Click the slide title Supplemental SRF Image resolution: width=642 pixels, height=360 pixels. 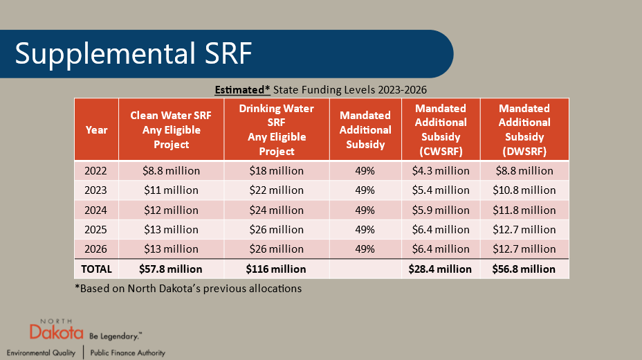(134, 54)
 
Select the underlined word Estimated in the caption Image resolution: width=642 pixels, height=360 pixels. (242, 90)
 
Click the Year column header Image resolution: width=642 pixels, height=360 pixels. (96, 129)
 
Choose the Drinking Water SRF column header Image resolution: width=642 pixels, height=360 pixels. (276, 129)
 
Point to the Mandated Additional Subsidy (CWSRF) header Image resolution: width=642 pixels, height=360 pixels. (441, 129)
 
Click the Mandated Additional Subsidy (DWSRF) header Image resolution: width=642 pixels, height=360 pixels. (524, 129)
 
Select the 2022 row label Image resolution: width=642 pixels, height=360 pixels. (96, 170)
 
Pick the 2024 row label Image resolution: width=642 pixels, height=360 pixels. (96, 210)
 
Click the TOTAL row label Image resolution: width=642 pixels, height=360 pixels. (96, 269)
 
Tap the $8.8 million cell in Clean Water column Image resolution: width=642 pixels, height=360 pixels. (171, 170)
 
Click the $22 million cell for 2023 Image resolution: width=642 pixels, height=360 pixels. (276, 190)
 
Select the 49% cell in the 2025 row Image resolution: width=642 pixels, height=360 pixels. (365, 229)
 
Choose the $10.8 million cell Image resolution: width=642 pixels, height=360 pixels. (524, 190)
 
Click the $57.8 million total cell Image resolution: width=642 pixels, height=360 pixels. (171, 269)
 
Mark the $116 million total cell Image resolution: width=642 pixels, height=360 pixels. (276, 269)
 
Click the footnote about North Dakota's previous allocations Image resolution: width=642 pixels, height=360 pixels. (187, 288)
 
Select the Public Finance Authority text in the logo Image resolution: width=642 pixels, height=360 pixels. (128, 352)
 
